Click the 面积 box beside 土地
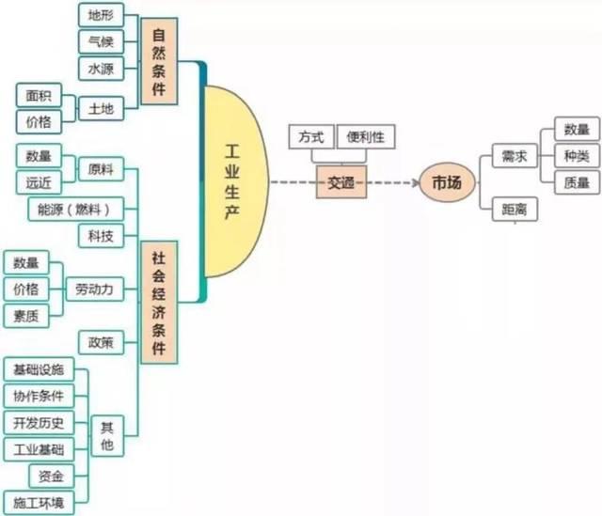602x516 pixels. tap(39, 96)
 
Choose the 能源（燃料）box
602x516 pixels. tap(75, 208)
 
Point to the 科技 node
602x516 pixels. tap(99, 235)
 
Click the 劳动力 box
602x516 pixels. tap(94, 289)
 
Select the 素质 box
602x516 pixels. tap(25, 317)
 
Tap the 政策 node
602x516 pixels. tap(99, 343)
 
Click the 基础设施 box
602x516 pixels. tap(39, 369)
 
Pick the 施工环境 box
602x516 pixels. tap(39, 503)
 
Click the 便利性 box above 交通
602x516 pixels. tap(365, 136)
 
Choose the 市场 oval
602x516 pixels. tap(447, 183)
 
